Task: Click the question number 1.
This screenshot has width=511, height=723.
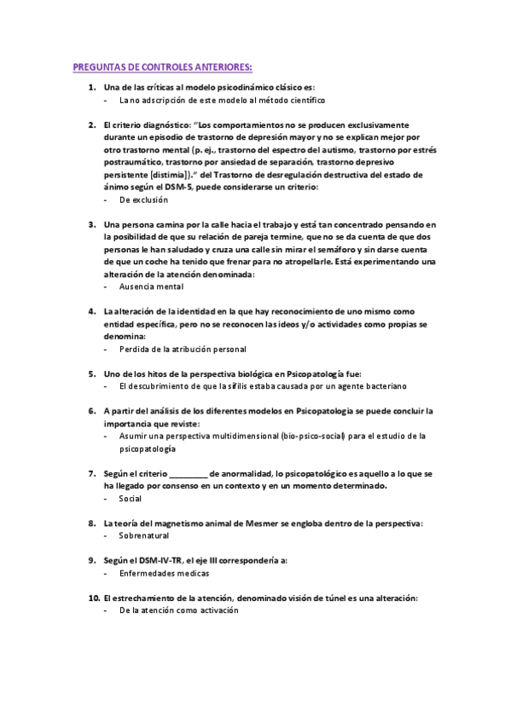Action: tap(91, 88)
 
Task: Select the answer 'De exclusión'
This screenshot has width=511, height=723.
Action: tap(143, 200)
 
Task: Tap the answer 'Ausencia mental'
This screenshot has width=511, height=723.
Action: tap(151, 286)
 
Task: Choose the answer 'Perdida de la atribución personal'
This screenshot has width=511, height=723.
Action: tap(183, 349)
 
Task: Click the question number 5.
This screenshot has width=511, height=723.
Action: tap(91, 373)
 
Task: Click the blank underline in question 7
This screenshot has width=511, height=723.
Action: tap(188, 473)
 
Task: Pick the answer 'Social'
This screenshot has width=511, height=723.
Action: tap(131, 498)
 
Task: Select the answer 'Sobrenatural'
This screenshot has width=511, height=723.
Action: tap(144, 535)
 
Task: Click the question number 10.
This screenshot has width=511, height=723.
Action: tap(93, 599)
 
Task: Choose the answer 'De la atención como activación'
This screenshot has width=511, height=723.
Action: tap(178, 610)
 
